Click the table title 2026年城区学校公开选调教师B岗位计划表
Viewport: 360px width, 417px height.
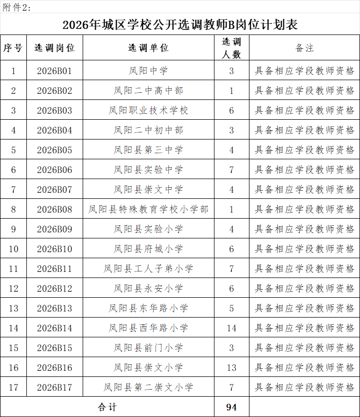[180, 25]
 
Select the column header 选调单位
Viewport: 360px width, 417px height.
[148, 48]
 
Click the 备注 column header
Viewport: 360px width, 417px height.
[304, 48]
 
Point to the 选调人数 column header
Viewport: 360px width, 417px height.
[232, 48]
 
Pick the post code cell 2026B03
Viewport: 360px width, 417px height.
[55, 111]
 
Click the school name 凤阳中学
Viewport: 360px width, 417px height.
[148, 71]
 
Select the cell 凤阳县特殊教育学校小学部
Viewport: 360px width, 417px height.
[148, 210]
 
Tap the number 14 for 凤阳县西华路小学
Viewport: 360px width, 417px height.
[232, 328]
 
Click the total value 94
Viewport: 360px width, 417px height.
[232, 407]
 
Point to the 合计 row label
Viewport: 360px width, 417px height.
[107, 407]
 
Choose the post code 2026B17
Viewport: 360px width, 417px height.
[55, 388]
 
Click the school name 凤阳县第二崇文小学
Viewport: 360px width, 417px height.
[148, 388]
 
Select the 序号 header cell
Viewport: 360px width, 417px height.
[13, 48]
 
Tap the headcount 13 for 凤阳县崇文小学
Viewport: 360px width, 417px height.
[232, 368]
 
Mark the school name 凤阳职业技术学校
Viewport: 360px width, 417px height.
[148, 111]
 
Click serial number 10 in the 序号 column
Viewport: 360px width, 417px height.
[13, 249]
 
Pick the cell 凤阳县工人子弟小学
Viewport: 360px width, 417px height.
[148, 269]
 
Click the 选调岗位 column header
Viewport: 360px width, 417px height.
[55, 48]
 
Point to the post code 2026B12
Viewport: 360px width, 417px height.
[55, 289]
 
